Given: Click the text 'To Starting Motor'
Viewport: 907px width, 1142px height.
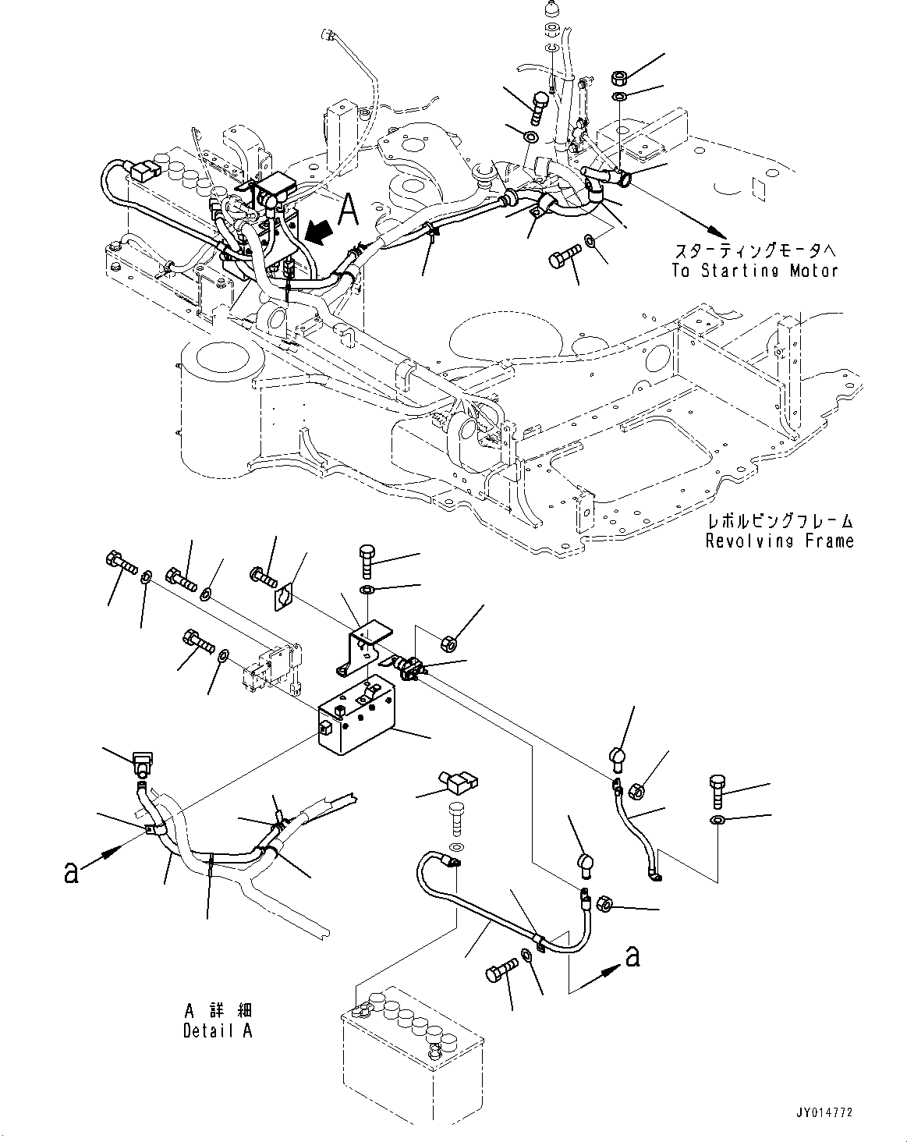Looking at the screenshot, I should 753,271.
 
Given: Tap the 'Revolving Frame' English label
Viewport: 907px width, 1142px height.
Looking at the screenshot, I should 779,541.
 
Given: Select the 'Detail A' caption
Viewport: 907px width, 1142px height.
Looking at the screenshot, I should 218,1030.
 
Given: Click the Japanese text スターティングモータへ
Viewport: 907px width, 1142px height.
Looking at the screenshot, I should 753,250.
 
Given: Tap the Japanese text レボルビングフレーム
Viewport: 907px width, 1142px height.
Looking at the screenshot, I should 780,521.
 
